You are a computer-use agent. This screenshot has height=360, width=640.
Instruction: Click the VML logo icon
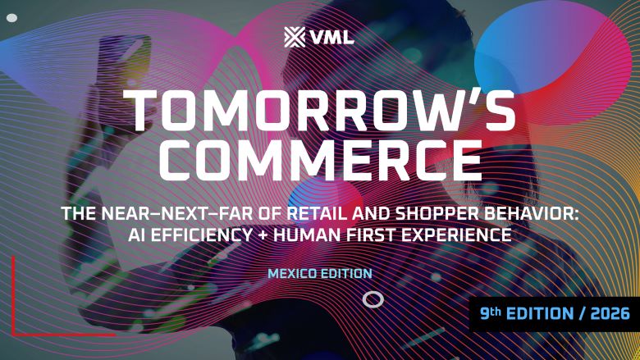pos(293,37)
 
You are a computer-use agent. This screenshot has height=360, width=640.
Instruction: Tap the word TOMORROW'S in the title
pos(321,111)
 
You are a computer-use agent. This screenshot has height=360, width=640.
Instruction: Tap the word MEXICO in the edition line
pos(295,273)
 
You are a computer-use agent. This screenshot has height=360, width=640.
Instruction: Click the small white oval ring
pos(373,299)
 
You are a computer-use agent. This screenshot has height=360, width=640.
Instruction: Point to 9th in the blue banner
pos(492,312)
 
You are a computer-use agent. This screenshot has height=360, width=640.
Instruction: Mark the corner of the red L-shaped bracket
pos(14,334)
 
